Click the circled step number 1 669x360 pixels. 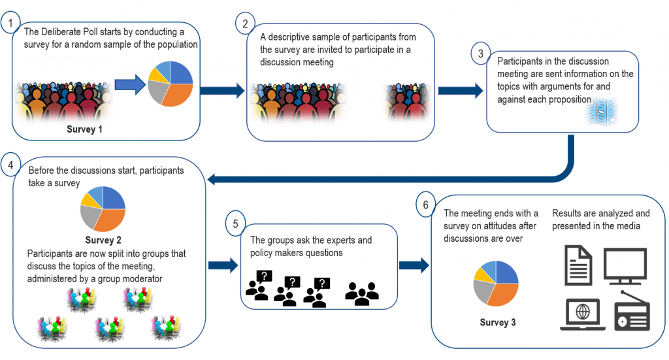[10, 23]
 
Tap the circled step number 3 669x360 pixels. [480, 54]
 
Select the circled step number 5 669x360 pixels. [235, 223]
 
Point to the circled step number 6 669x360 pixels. [425, 205]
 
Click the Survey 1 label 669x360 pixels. [84, 129]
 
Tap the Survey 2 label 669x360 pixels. [103, 240]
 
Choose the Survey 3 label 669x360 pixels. [497, 323]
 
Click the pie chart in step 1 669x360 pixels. [171, 84]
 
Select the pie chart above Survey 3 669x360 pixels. [496, 283]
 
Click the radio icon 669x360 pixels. [632, 311]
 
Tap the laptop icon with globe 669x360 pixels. [583, 314]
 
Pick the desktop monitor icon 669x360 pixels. [625, 265]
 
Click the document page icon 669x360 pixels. [578, 265]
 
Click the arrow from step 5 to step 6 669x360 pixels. [414, 265]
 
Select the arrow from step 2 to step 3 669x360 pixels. [461, 90]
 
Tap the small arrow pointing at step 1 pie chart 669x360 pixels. [131, 84]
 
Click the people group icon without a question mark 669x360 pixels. [362, 293]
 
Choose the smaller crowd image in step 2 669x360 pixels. [408, 103]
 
